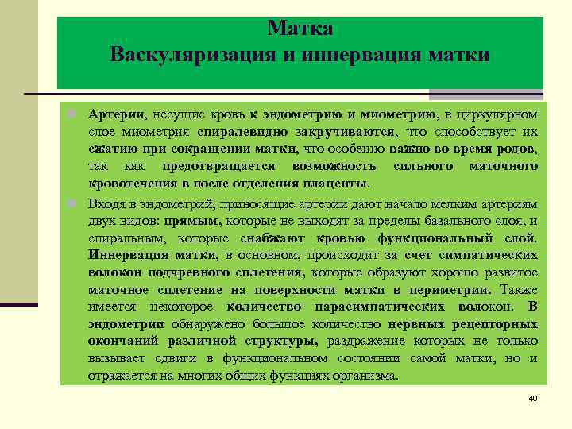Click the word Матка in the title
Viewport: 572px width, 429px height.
pos(300,29)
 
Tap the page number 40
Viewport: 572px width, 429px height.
pos(533,397)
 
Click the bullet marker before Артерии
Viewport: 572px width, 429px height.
pos(72,115)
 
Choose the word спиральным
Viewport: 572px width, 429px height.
pos(121,238)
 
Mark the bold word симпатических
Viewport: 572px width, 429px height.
pos(485,255)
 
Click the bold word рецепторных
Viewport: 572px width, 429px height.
pos(496,324)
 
